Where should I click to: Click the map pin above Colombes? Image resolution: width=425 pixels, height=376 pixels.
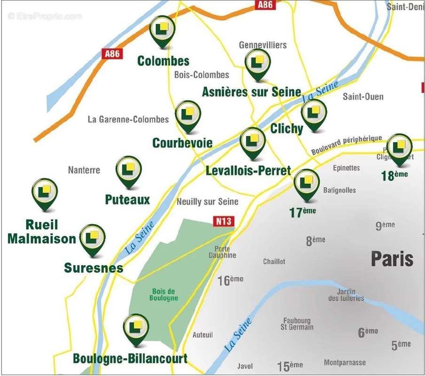coord(162,30)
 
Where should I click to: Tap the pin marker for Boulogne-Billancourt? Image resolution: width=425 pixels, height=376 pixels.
coord(136,329)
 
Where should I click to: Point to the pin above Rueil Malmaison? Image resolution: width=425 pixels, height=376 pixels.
coord(45,193)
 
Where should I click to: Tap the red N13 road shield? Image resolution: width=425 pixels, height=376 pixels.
coord(223,221)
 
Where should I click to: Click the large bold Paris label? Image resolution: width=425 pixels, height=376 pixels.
coord(392,259)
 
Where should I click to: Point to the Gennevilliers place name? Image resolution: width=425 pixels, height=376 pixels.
coord(262,45)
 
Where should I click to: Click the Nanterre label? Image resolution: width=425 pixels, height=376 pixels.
coord(84,170)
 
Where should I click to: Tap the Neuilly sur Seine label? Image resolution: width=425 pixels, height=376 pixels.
coord(207,202)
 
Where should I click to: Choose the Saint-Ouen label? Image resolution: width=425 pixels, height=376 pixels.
coord(363,97)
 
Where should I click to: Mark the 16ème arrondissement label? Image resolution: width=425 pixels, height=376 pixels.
coord(230,281)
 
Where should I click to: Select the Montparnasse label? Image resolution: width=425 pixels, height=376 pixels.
coord(345,362)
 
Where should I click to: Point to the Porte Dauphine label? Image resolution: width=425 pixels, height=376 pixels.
coord(222,252)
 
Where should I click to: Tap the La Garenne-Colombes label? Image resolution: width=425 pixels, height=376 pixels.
coord(128,119)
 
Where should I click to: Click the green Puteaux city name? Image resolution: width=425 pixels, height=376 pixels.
coord(127,200)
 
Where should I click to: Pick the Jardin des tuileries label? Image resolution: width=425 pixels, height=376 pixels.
coord(346,295)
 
